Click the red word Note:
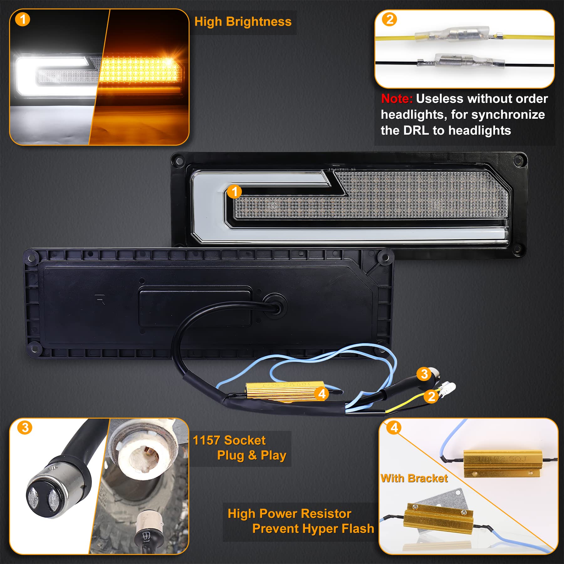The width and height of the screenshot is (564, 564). [x=397, y=99]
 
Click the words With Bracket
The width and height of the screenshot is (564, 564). [x=414, y=478]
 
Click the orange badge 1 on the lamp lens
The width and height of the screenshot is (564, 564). [x=234, y=191]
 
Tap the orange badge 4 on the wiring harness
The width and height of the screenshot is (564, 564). [x=322, y=394]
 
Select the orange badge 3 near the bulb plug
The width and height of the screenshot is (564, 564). [x=424, y=373]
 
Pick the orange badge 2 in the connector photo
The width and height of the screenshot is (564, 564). [x=389, y=19]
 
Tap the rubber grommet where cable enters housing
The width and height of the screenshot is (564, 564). [x=275, y=306]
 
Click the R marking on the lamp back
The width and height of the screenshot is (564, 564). [x=100, y=299]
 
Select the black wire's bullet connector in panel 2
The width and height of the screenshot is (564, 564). [x=461, y=60]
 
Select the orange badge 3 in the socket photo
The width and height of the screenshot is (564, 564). [x=25, y=427]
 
